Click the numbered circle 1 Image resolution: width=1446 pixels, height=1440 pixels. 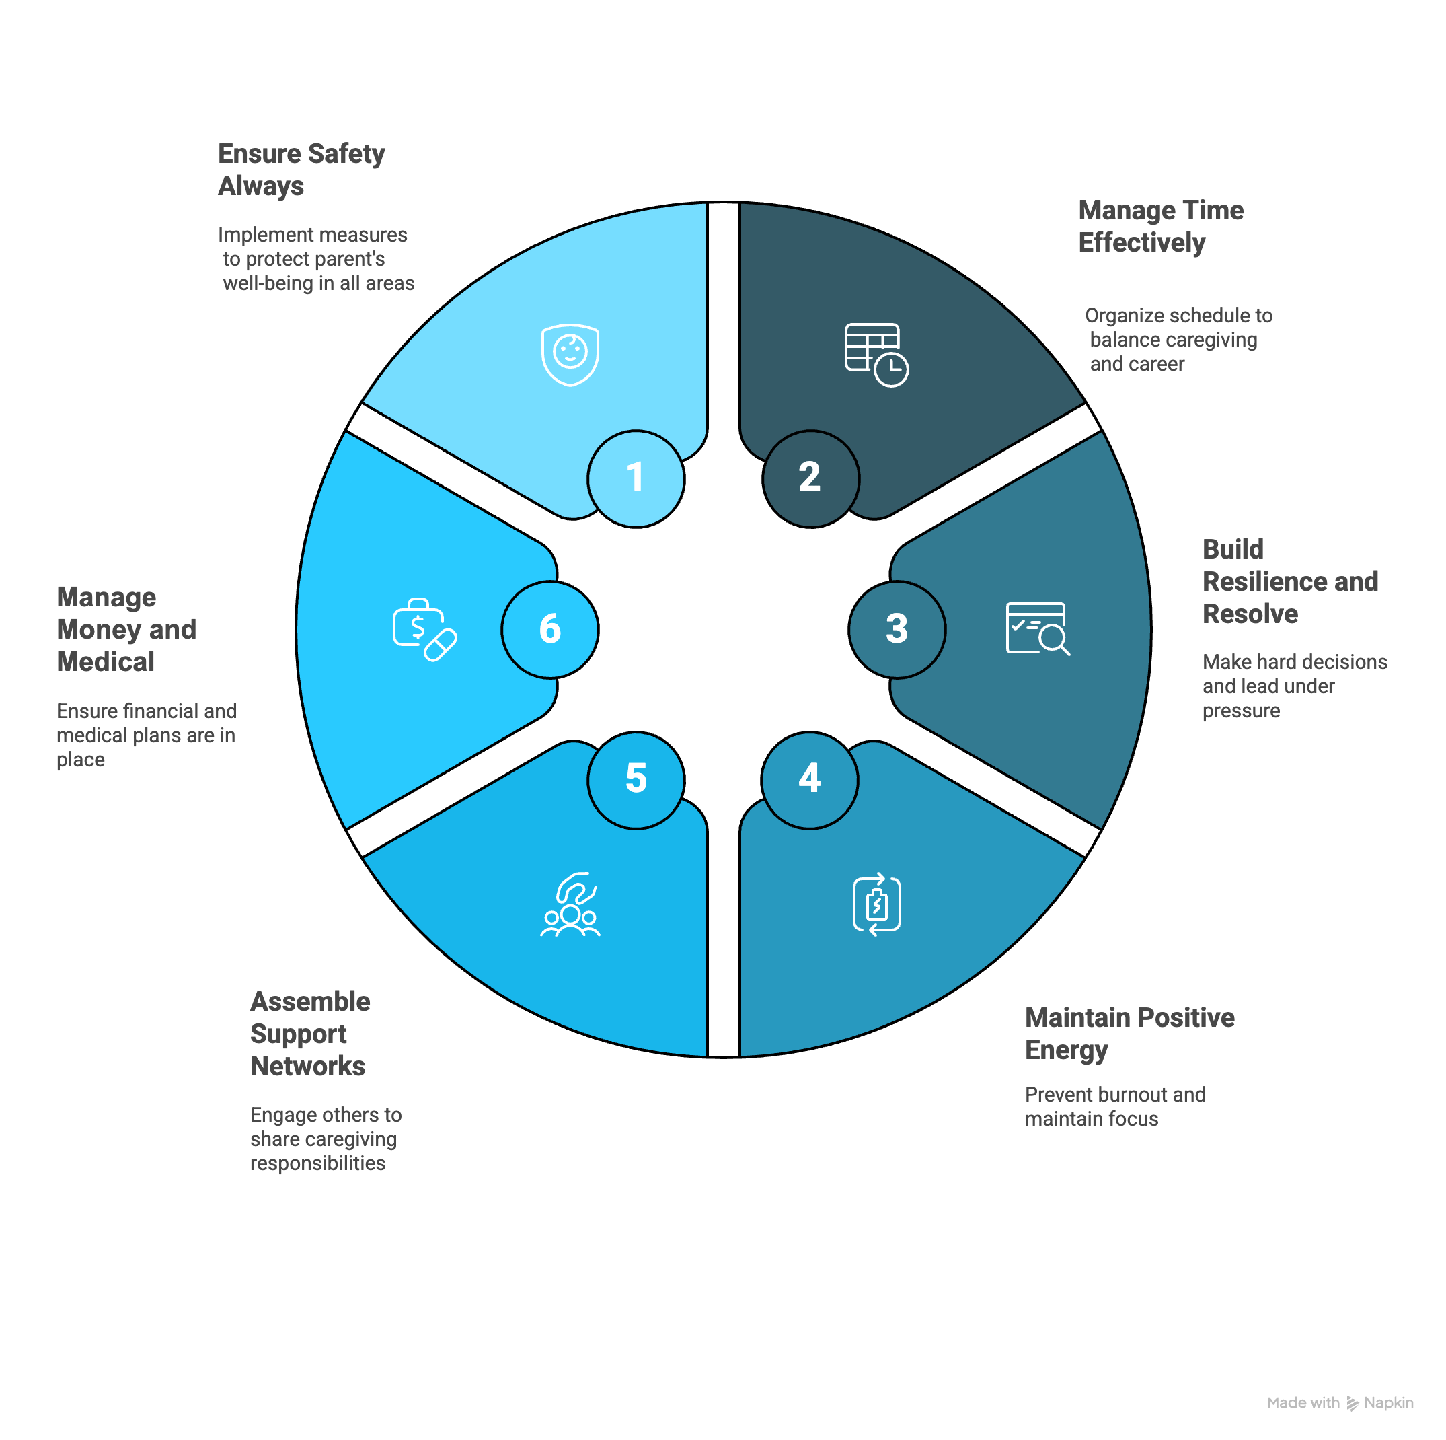[636, 478]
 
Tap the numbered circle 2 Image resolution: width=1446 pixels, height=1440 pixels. [810, 478]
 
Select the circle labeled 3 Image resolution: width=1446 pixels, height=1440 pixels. [897, 629]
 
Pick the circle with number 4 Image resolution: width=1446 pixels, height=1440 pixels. [810, 779]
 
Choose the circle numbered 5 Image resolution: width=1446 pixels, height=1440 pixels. [636, 779]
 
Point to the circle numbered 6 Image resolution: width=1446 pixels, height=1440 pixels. [550, 629]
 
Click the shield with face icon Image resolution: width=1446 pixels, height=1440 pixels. [570, 354]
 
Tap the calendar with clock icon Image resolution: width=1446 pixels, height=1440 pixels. [876, 354]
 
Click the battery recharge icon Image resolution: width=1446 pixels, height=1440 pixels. [876, 904]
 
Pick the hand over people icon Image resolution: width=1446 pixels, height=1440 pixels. [570, 904]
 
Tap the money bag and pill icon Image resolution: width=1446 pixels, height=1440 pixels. [424, 629]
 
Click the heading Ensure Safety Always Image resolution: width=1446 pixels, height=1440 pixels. [301, 170]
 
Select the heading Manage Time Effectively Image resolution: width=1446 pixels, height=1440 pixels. [1161, 226]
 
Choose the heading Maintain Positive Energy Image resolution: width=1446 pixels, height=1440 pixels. [1129, 1034]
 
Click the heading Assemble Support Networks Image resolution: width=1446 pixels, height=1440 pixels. [310, 1034]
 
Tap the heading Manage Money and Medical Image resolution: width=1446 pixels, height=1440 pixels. [126, 629]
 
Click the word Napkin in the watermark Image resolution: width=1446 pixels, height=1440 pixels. [1388, 1402]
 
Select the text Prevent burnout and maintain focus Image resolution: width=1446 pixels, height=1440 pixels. [1115, 1106]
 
